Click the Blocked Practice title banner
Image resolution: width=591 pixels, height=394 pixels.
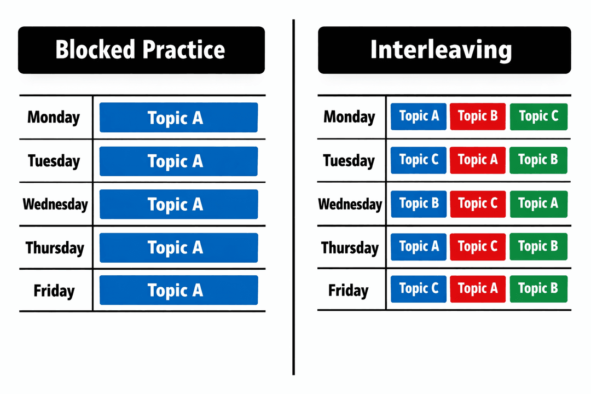point(141,50)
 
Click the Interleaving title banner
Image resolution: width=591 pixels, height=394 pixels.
point(444,50)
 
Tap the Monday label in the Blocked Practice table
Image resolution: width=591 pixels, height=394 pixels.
point(54,117)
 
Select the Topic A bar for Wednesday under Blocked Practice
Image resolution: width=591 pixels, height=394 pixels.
point(178,204)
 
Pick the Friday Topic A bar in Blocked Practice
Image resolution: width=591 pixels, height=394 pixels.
point(178,290)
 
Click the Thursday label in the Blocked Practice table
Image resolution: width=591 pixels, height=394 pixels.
point(55,247)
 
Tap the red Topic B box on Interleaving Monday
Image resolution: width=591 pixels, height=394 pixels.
point(478,117)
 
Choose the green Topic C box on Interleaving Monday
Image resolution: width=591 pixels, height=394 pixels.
point(538,117)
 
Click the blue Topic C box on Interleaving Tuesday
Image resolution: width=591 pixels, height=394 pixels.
point(419,160)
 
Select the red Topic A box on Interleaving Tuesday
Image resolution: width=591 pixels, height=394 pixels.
point(478,160)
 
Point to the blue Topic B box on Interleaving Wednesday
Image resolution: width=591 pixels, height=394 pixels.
point(419,204)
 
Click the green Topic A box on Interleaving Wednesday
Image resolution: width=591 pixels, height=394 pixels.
point(538,204)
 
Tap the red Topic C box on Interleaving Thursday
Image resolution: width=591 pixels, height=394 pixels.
point(478,246)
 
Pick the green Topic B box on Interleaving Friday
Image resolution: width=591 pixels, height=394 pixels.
point(538,288)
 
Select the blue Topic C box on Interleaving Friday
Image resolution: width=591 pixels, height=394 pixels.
point(419,288)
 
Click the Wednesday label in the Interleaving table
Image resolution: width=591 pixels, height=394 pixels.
point(350,204)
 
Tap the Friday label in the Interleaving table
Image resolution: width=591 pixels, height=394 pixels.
point(348,290)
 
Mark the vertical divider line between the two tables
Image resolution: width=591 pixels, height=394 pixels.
point(294,197)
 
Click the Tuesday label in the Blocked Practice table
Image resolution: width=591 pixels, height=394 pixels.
point(54,161)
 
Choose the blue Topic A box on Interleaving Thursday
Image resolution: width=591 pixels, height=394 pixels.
point(419,246)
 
